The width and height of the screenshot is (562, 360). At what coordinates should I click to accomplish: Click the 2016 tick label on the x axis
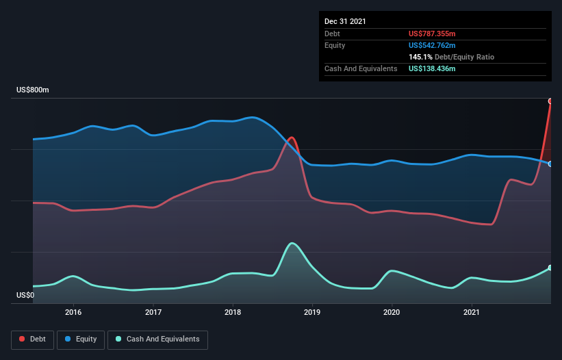[73, 312]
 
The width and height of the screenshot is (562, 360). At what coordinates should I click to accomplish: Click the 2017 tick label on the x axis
[153, 312]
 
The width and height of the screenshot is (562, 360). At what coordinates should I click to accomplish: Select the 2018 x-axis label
[233, 312]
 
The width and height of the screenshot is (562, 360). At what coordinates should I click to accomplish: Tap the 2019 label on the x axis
[312, 312]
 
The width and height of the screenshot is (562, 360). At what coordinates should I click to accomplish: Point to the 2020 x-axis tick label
[392, 312]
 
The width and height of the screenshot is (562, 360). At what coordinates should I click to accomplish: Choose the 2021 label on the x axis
[472, 312]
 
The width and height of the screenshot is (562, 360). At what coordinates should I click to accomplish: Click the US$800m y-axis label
[33, 90]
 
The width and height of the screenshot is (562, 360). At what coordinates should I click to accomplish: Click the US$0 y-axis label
[25, 296]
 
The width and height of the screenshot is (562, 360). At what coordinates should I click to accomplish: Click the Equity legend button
[81, 339]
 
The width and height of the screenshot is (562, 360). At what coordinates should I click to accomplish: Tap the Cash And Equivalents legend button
[157, 339]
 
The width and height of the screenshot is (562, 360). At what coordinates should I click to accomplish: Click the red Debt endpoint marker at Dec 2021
[550, 101]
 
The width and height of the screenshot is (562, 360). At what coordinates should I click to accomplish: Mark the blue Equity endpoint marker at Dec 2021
[550, 164]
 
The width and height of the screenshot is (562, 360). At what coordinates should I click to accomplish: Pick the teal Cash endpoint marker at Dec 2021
[550, 268]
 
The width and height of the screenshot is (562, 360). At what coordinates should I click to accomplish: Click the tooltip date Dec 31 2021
[345, 21]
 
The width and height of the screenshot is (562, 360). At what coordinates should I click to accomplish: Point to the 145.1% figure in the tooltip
[420, 57]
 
